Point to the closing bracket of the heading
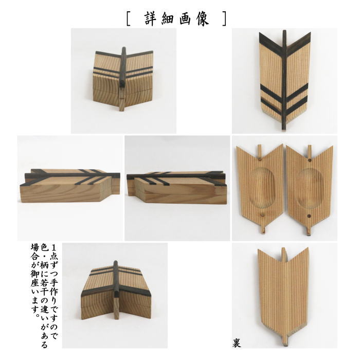click(225, 19)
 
